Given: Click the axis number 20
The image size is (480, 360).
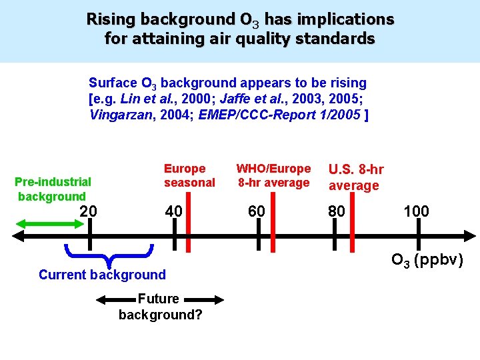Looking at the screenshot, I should tap(88, 211).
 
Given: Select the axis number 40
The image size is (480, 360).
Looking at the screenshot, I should tap(173, 211).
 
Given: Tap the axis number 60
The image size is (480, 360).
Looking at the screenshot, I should tap(257, 211).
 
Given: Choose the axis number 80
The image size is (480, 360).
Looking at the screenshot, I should tap(337, 211).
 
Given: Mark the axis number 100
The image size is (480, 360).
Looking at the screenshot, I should tap(416, 211).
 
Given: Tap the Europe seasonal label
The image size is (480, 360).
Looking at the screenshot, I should tap(189, 175).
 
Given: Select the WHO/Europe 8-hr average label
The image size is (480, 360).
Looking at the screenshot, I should tap(273, 175).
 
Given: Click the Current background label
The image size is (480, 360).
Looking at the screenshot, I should tap(102, 275).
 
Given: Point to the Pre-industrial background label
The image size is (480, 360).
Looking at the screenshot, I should tap(53, 189).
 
